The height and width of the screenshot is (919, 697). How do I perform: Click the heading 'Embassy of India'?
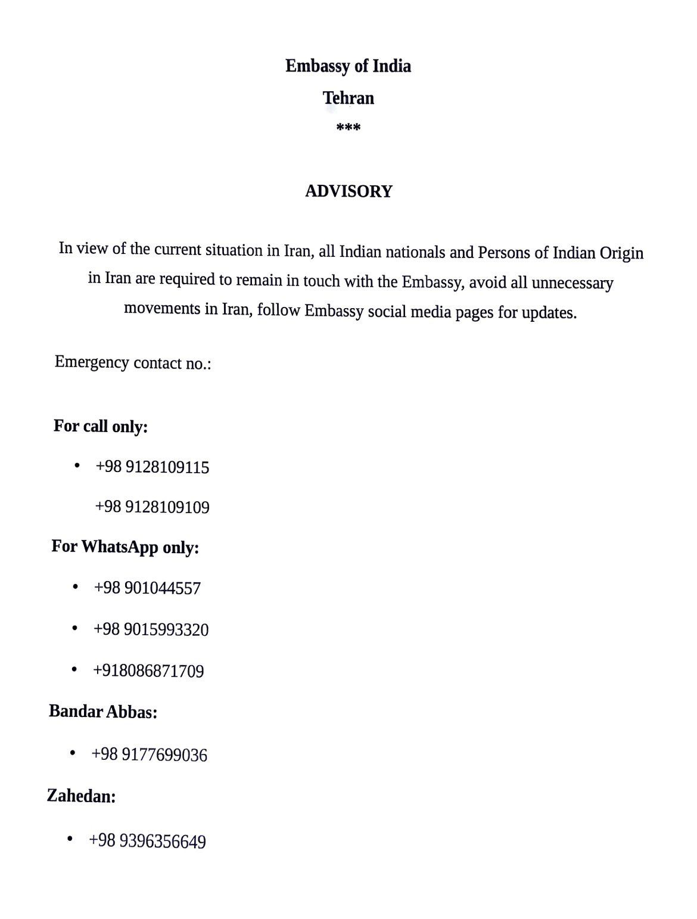point(348,66)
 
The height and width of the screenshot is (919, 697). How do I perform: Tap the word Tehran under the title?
point(348,98)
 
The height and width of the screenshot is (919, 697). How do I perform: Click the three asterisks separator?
point(348,128)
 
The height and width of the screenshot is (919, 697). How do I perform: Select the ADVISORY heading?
point(348,191)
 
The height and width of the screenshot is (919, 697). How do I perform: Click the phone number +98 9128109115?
point(153,467)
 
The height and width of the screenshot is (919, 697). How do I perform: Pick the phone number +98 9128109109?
point(153,507)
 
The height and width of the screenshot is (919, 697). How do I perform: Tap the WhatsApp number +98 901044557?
point(147,588)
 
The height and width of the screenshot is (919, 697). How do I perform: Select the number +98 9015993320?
point(151,630)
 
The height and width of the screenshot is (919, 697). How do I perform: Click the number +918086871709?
point(148,671)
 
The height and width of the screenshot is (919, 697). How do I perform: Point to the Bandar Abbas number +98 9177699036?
point(149,755)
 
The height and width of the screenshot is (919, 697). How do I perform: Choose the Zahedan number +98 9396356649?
point(147,842)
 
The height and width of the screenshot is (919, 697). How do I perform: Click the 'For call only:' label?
point(101,426)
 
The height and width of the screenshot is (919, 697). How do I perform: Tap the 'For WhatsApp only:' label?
point(125,547)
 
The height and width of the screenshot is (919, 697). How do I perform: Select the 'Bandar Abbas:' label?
point(103,712)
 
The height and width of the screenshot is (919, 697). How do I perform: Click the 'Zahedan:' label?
point(81,796)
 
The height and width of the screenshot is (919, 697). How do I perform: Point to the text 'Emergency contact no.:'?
point(133,362)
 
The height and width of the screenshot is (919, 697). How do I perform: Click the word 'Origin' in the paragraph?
point(621,253)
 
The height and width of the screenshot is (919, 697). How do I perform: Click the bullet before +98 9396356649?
point(70,839)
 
